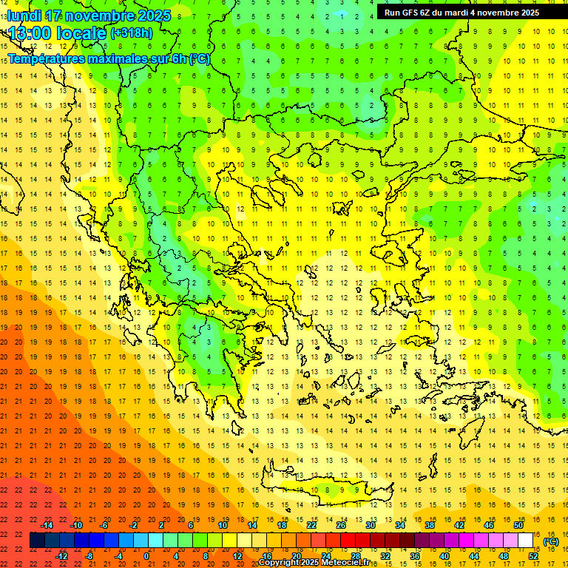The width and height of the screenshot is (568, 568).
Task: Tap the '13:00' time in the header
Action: click(x=31, y=33)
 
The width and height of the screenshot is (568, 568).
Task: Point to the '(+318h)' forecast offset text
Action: click(x=131, y=33)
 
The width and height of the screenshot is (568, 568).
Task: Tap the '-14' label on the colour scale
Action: click(x=48, y=525)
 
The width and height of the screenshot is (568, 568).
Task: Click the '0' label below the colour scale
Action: click(x=146, y=556)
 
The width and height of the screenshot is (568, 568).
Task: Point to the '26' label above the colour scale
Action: click(x=341, y=525)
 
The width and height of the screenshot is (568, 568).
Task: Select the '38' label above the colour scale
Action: click(x=430, y=525)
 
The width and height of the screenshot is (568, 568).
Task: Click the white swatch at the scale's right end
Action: click(x=525, y=541)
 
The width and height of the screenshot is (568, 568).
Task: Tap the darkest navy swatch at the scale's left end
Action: click(x=37, y=541)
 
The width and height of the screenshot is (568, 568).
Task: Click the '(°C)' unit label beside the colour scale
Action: click(x=550, y=541)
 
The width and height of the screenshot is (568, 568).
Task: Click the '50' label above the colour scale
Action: click(x=518, y=525)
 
